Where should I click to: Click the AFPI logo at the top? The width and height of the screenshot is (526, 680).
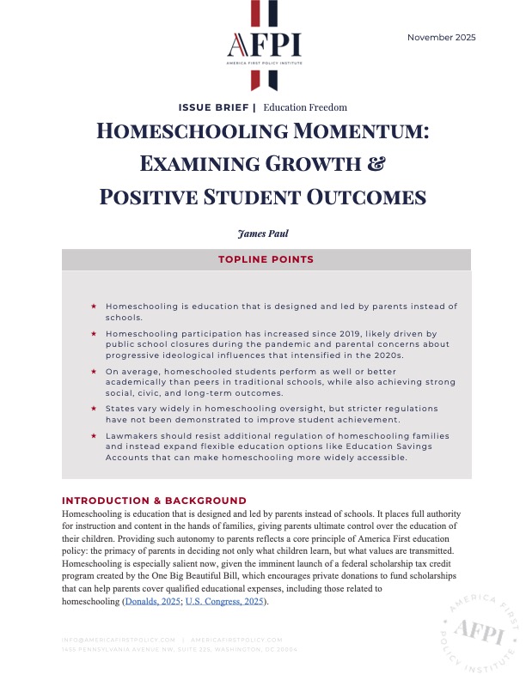pyautogui.click(x=263, y=44)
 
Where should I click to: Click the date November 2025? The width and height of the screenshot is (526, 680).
pyautogui.click(x=441, y=37)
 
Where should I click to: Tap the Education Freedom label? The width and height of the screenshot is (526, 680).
pyautogui.click(x=305, y=107)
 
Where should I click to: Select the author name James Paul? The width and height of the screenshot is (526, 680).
pyautogui.click(x=263, y=232)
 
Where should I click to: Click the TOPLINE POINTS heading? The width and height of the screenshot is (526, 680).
pyautogui.click(x=263, y=259)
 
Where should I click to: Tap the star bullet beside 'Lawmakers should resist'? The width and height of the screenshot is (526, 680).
pyautogui.click(x=94, y=436)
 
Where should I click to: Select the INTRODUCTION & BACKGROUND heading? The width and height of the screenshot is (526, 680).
pyautogui.click(x=154, y=501)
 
